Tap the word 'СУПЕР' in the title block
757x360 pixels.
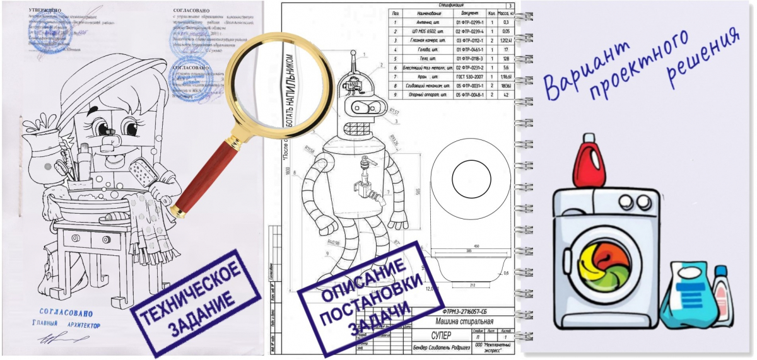(442, 334)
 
